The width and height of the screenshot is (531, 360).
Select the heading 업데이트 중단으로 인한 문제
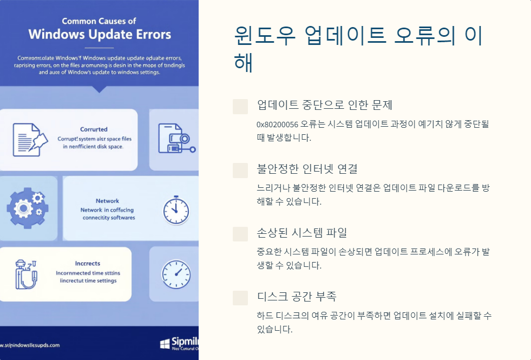325,105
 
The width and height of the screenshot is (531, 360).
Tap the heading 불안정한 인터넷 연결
307,169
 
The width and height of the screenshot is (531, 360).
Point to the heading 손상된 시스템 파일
301,233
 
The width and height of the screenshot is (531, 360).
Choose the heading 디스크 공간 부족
297,297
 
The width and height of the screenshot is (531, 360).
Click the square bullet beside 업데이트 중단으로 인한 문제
240,106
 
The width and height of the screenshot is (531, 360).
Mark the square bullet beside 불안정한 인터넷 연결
240,170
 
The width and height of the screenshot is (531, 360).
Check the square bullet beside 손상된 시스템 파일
240,234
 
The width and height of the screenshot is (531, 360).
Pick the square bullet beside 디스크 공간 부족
240,298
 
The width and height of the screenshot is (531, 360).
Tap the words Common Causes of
99,21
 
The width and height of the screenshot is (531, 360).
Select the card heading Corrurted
94,129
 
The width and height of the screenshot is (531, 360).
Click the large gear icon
27,208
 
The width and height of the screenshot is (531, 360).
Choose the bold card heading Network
107,201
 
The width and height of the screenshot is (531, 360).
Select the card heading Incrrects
88,264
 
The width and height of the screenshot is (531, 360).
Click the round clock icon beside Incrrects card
176,274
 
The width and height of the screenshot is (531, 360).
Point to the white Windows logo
165,344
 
